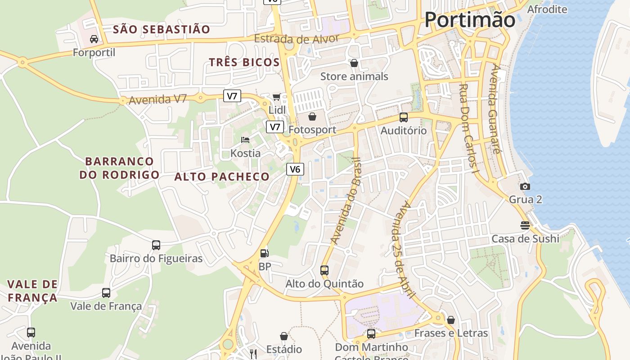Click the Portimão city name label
coord(470,20)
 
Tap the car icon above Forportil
coord(94,39)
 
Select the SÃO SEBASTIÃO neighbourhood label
coord(162,30)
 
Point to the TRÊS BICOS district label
coord(244,63)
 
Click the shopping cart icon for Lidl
coord(277,97)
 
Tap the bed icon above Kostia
coord(245,140)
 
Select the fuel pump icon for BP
coord(265,253)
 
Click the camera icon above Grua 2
coord(525,186)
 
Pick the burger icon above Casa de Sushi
coord(525,225)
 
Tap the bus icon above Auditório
coord(404,117)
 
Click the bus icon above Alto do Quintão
coord(324,270)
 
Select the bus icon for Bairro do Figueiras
coord(156,245)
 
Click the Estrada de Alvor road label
coord(297,39)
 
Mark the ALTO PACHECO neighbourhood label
coord(222,177)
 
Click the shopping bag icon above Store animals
coord(354,63)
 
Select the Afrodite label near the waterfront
coord(547,9)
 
